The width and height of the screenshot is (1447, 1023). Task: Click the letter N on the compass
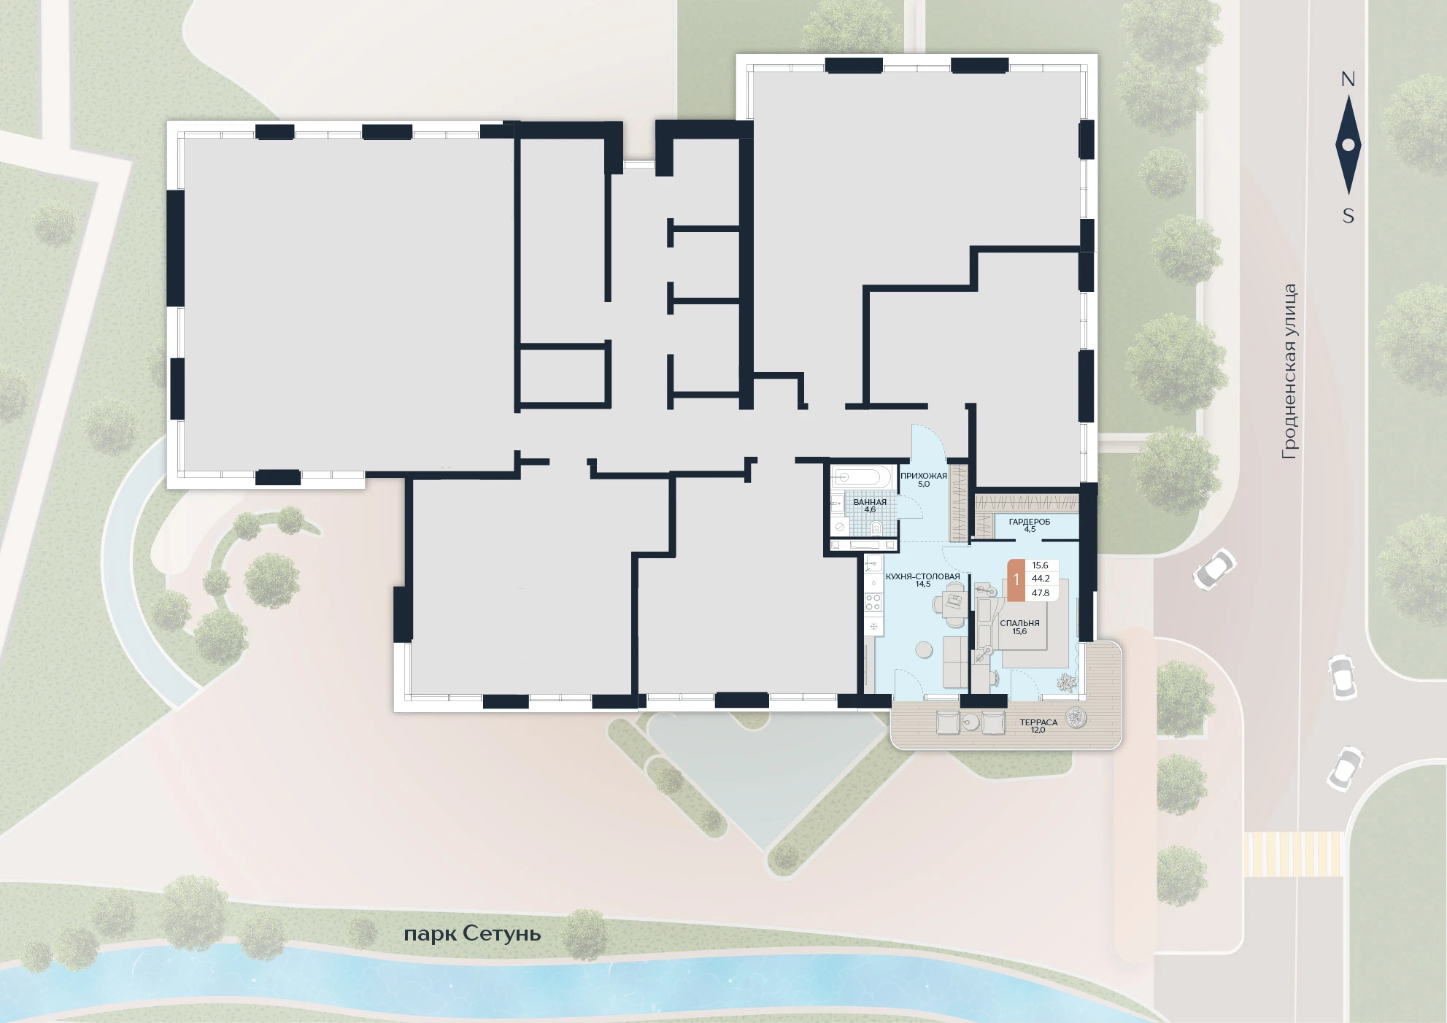(1348, 80)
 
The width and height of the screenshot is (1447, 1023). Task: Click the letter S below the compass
(1348, 216)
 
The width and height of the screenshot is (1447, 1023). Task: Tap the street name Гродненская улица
(1289, 371)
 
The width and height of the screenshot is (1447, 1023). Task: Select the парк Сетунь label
(472, 934)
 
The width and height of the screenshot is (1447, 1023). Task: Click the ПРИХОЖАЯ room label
(923, 476)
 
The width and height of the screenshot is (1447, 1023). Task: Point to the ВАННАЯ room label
(870, 502)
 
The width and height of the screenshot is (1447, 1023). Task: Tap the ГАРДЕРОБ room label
(1030, 522)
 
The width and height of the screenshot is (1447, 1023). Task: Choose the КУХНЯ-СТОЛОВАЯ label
(922, 576)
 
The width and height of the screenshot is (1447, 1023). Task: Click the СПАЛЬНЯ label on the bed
(1019, 623)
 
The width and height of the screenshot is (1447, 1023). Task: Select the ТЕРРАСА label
(1038, 722)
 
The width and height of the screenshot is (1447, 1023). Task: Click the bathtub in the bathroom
(862, 477)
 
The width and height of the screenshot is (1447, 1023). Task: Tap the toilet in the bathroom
(876, 527)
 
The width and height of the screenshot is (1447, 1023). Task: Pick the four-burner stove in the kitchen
(873, 602)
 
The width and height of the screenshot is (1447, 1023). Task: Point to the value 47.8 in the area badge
(1041, 593)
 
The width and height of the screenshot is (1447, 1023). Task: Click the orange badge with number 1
(1016, 580)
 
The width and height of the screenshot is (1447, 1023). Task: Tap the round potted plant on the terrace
(1076, 719)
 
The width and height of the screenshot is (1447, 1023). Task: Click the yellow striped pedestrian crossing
(1294, 854)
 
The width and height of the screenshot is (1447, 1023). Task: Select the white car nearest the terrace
(1214, 568)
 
